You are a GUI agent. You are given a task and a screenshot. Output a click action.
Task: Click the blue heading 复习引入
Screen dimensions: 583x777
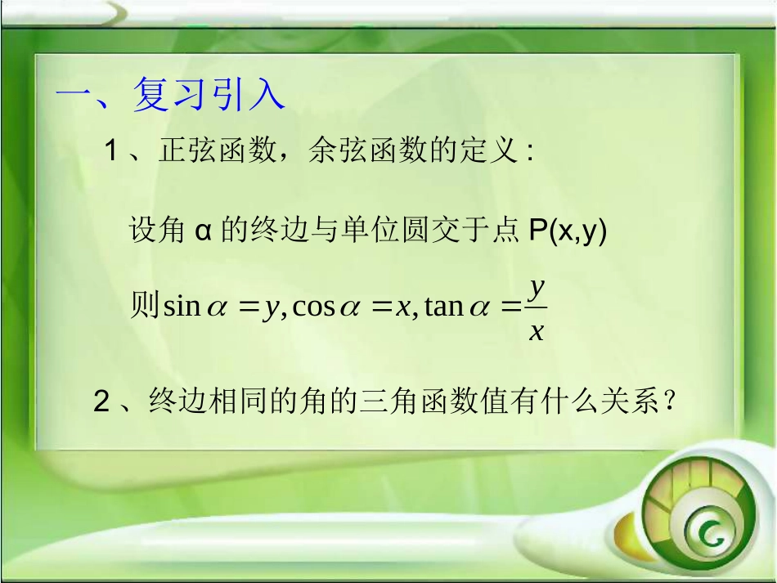(x=208, y=95)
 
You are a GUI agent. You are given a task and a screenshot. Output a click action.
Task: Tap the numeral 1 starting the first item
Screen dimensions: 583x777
(x=111, y=151)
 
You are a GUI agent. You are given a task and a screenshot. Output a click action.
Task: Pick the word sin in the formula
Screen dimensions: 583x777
(x=182, y=307)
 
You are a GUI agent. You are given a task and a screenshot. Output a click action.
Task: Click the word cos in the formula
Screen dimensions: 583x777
(x=312, y=307)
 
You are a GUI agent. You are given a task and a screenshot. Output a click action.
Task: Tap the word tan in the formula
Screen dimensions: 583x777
(x=444, y=307)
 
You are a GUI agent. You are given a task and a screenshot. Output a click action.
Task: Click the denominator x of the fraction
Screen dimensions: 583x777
(x=537, y=331)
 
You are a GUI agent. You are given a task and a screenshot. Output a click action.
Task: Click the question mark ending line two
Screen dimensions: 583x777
(x=670, y=401)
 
